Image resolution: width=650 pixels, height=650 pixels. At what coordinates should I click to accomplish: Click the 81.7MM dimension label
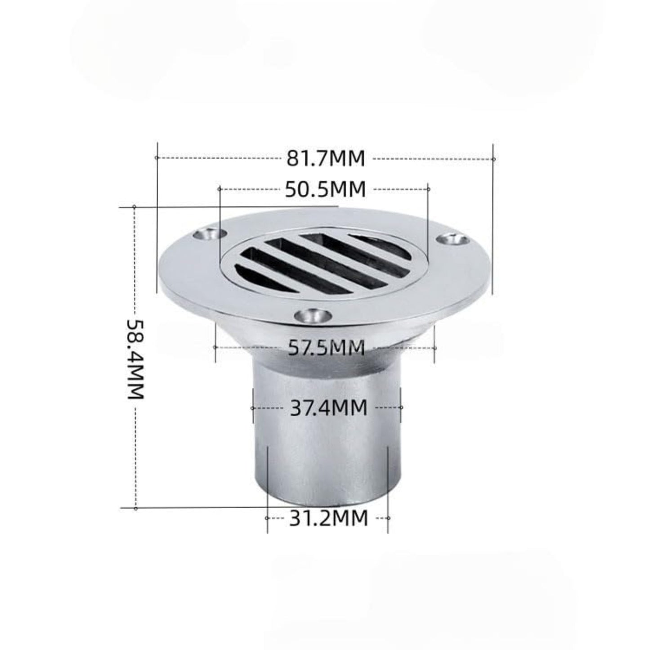click(326, 159)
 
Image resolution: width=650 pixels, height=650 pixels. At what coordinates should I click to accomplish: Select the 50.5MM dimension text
click(325, 189)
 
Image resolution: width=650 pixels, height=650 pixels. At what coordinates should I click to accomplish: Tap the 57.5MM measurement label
click(326, 347)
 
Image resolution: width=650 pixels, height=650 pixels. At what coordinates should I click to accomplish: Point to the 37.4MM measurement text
click(328, 408)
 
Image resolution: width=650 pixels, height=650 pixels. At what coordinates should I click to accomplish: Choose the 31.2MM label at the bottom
click(328, 518)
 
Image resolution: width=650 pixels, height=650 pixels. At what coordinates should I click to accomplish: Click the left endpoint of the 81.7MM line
click(157, 157)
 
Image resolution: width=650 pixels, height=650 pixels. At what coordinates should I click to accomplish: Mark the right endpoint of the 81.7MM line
click(493, 159)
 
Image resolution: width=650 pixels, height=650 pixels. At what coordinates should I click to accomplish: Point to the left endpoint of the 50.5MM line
click(220, 189)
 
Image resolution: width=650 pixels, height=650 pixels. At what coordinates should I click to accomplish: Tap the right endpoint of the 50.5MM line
click(428, 189)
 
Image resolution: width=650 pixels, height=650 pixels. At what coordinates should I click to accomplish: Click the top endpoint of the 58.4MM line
click(134, 206)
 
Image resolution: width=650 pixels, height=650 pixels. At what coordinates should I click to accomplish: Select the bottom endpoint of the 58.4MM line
click(136, 508)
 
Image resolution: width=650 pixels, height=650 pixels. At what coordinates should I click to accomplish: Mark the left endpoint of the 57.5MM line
click(215, 347)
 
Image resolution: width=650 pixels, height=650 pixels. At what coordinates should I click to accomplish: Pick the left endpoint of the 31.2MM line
click(267, 518)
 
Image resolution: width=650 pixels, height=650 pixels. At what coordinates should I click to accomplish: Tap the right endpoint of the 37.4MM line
click(401, 408)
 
